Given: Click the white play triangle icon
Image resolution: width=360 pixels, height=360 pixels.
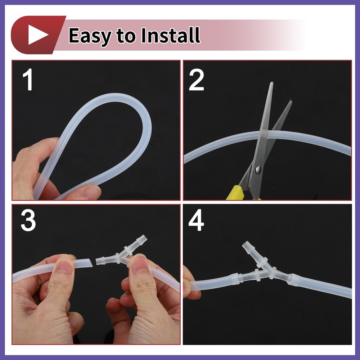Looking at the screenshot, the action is pos(37,35).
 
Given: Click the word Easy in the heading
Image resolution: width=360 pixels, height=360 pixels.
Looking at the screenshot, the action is pos(90,36).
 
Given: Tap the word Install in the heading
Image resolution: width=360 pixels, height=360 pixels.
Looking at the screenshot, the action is pos(171,35).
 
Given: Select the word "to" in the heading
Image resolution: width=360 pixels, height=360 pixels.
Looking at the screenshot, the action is pos(126,36).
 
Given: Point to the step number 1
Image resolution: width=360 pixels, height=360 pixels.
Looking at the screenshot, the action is pos(28,80).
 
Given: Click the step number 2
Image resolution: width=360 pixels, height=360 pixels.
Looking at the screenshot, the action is pos(196,80).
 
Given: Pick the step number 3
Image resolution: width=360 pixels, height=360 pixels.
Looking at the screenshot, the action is pos(28,221).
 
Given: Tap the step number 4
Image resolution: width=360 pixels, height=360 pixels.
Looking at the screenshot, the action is pos(196,220).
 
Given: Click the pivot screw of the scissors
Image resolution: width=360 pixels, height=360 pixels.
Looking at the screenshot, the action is pos(258,170).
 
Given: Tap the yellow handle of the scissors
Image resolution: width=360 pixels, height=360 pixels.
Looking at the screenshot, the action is pos(235,192).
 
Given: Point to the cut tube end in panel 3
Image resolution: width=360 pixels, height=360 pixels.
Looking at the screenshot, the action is pos(91,263).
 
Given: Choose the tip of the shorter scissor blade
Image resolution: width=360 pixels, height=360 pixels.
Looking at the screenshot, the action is pos(291,101).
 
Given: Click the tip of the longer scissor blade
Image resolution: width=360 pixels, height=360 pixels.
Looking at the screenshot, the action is pos(272,82).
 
